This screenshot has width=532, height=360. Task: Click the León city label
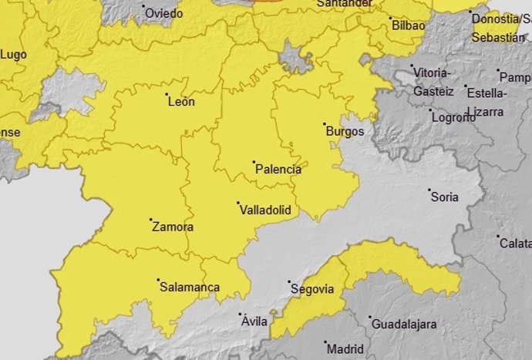[x=182, y=101]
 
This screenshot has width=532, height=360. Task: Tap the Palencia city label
[x=278, y=169]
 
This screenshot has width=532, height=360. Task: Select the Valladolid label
[x=264, y=209]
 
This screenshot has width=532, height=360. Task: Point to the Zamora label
[x=173, y=227]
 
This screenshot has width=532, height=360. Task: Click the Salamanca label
[x=189, y=288]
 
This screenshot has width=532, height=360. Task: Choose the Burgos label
[x=345, y=131]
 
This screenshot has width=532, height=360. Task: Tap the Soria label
[x=444, y=197]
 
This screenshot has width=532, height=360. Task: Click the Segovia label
[x=313, y=289]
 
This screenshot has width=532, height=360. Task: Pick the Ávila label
[x=254, y=321]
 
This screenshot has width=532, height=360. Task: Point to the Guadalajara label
[x=404, y=324]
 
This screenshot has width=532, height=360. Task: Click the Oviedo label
[x=164, y=13]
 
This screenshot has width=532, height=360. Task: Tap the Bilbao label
[x=408, y=25]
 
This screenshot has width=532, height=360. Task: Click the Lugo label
[x=13, y=54]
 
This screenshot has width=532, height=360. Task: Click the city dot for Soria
[x=429, y=190]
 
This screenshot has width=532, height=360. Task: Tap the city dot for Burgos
[x=325, y=124]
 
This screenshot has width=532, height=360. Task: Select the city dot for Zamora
[x=150, y=220]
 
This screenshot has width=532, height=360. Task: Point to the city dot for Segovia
[x=288, y=282]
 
